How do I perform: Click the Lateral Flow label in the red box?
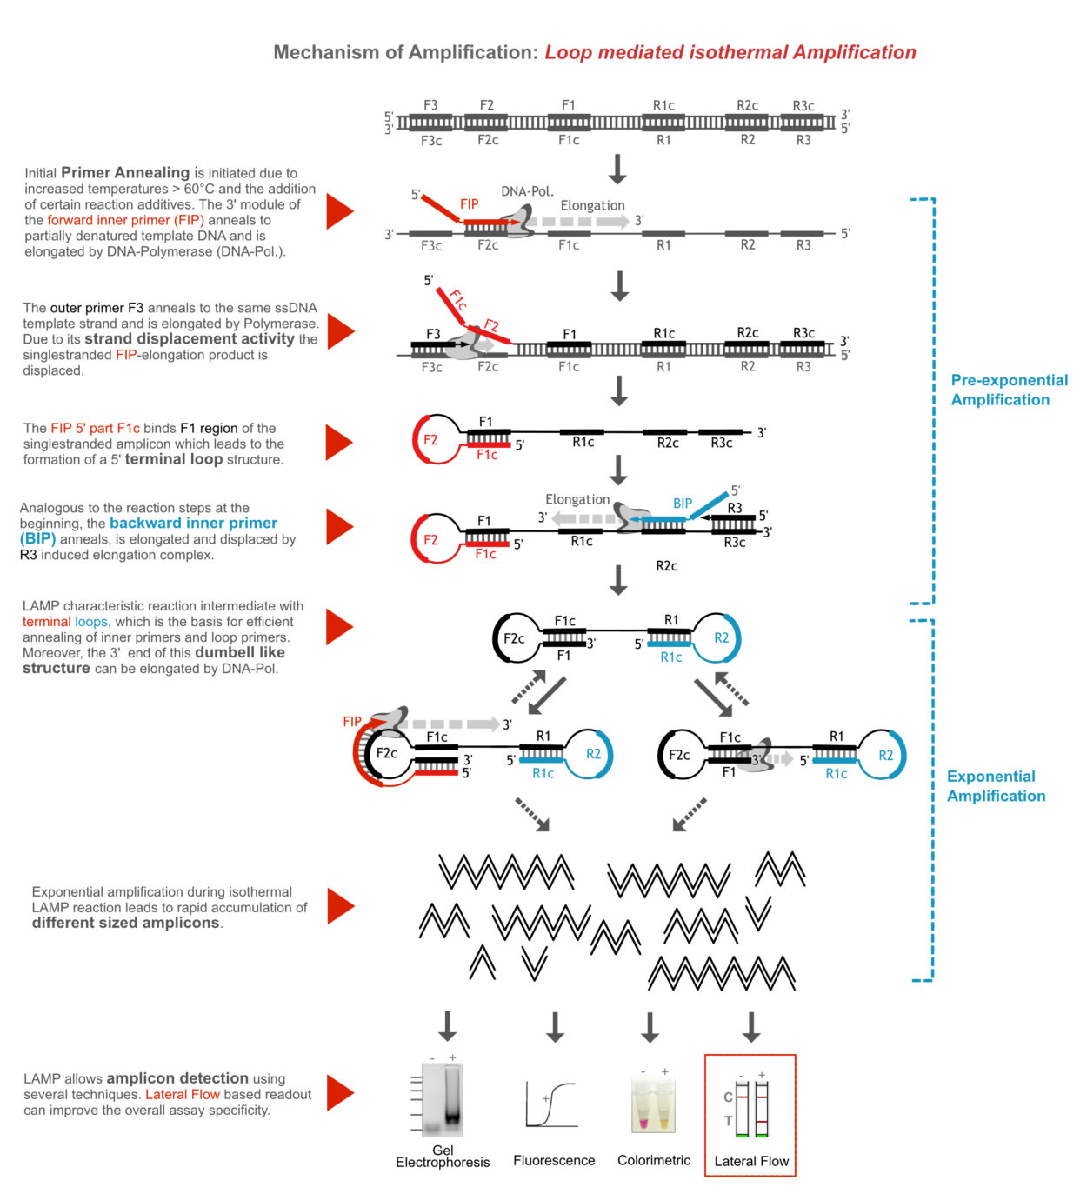pyautogui.click(x=750, y=1161)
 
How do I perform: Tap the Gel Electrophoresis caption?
pyautogui.click(x=443, y=1156)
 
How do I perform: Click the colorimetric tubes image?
pyautogui.click(x=653, y=1104)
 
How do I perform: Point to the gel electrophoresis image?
pyautogui.click(x=443, y=1100)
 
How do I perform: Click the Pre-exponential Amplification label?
pyautogui.click(x=1009, y=390)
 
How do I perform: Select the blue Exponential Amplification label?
pyautogui.click(x=996, y=786)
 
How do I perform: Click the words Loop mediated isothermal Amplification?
pyautogui.click(x=730, y=52)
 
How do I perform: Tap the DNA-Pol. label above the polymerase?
pyautogui.click(x=527, y=191)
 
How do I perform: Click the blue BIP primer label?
pyautogui.click(x=683, y=504)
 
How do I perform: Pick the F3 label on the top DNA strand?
pyautogui.click(x=430, y=105)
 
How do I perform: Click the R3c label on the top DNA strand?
pyautogui.click(x=803, y=106)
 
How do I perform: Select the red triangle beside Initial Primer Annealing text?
pyautogui.click(x=338, y=211)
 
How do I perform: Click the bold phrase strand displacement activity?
pyautogui.click(x=189, y=339)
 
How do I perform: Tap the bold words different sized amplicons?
pyautogui.click(x=126, y=923)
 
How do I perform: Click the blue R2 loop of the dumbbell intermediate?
pyautogui.click(x=722, y=637)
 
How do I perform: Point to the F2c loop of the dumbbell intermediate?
pyautogui.click(x=513, y=638)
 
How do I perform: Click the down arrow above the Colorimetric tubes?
pyautogui.click(x=649, y=1026)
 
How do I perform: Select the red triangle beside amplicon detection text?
pyautogui.click(x=339, y=1093)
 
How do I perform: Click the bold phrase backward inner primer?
pyautogui.click(x=193, y=523)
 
